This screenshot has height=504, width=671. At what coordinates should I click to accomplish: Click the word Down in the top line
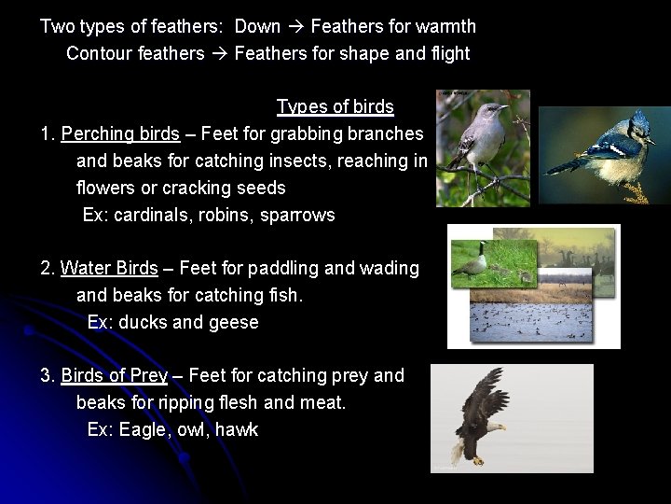pos(257,26)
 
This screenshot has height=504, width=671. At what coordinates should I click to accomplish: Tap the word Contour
pos(100,53)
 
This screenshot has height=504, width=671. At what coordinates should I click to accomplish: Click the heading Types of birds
pos(335,106)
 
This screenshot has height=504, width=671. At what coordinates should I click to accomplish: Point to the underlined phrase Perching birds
pos(120,133)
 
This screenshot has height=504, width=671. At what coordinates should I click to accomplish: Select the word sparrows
pos(298,215)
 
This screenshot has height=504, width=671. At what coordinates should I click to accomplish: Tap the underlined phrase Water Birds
pos(109,269)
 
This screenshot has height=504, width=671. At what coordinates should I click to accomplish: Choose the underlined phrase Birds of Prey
pos(114,376)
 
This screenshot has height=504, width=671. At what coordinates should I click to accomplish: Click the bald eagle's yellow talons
pos(477,456)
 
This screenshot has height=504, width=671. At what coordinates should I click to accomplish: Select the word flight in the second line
pos(450,53)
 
